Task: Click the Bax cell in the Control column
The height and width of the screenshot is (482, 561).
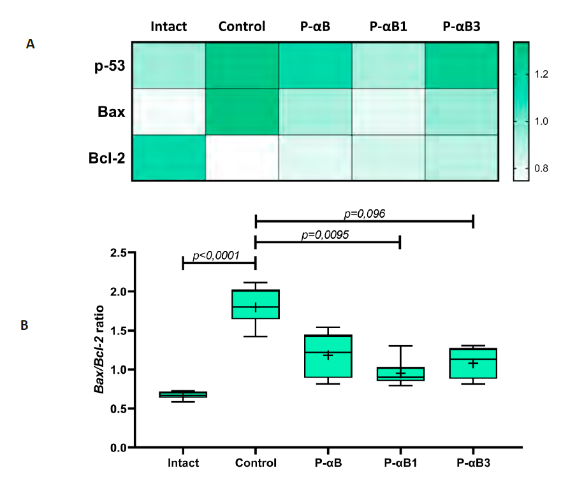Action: [242, 111]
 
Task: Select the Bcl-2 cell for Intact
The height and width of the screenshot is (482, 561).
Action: [169, 158]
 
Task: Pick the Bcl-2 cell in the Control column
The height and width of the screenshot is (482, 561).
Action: [242, 158]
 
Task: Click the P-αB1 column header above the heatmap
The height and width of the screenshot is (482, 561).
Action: [388, 27]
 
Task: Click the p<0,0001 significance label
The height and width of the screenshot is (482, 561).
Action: [216, 256]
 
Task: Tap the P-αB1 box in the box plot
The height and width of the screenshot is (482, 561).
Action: [400, 373]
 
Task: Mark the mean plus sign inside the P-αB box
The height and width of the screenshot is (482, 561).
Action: [328, 355]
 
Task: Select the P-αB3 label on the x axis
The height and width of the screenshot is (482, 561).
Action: [473, 462]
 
